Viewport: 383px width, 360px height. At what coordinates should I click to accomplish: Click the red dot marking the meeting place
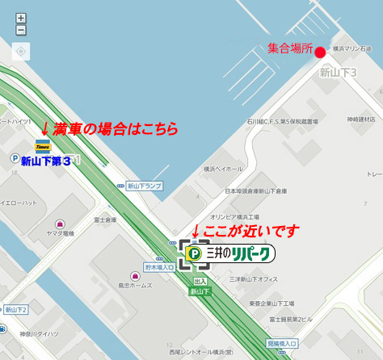[x=320, y=52]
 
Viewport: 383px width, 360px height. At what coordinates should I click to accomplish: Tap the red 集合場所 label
[x=289, y=50]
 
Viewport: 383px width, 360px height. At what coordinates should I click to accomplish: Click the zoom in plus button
[x=21, y=18]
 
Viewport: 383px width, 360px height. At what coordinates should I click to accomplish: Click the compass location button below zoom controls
[x=21, y=52]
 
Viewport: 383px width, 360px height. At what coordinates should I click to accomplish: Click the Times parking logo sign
[x=43, y=145]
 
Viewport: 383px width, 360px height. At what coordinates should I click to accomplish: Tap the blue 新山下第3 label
[x=45, y=160]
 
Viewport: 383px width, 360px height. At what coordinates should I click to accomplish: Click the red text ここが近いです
[x=250, y=232]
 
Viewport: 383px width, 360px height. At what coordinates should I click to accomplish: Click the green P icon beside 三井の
[x=195, y=254]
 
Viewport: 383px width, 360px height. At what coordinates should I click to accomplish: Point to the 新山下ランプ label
[x=144, y=186]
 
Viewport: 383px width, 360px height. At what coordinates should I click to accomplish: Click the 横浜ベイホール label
[x=223, y=170]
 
